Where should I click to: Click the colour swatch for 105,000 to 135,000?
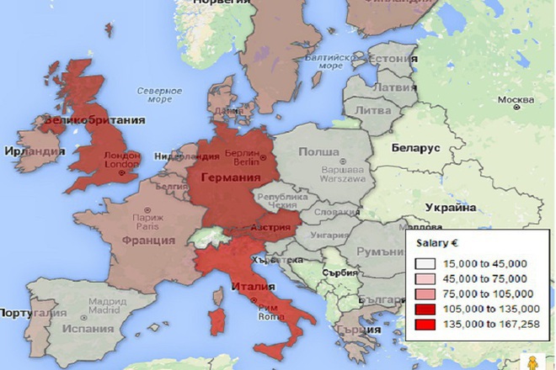[424, 309]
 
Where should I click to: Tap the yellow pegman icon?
[532, 360]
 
